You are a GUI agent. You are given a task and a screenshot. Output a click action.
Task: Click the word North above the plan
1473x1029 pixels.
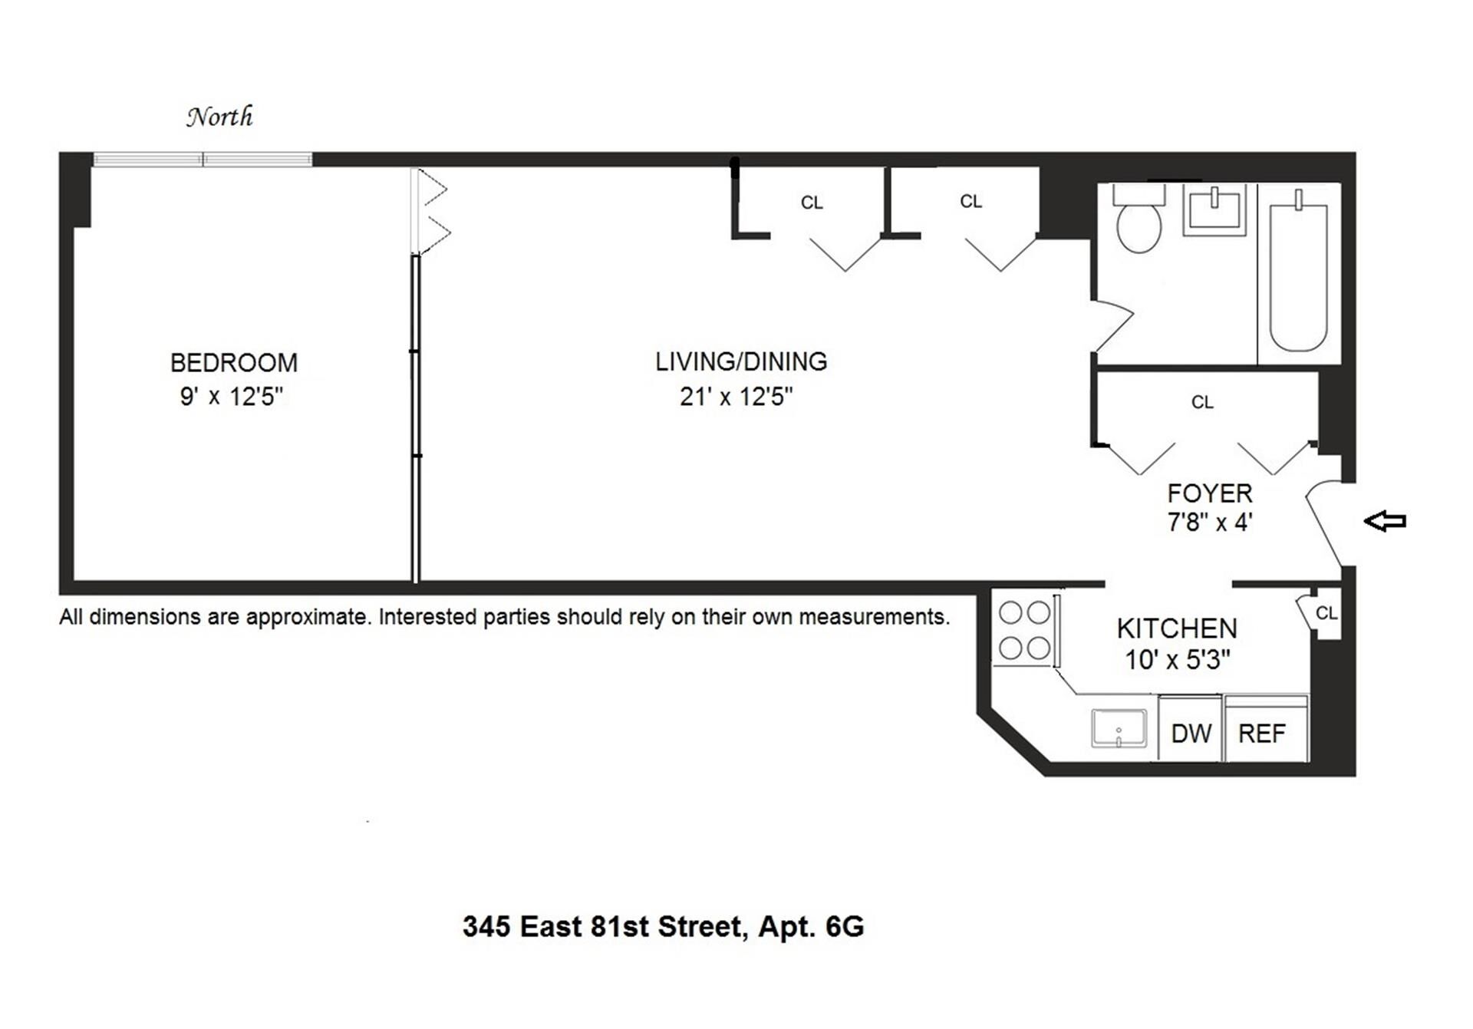[219, 117]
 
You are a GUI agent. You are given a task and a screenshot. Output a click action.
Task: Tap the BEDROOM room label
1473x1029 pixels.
[234, 363]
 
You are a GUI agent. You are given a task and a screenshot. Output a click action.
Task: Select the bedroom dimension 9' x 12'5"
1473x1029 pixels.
[232, 397]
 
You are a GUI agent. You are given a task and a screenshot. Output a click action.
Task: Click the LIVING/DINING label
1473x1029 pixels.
[741, 361]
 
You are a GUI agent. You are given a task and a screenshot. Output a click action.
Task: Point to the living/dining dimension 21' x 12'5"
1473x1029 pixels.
[736, 397]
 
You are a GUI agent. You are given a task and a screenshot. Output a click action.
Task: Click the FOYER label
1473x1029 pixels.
[1210, 493]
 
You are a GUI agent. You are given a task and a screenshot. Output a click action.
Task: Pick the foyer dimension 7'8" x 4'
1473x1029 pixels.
[1210, 523]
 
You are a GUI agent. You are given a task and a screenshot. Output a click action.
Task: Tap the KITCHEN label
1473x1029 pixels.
[1177, 628]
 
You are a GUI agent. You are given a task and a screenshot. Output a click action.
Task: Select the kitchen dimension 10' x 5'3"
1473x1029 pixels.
[1178, 660]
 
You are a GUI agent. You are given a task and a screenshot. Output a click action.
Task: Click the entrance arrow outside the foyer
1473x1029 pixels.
[1385, 522]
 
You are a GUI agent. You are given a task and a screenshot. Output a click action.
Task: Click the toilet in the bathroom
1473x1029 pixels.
[1139, 219]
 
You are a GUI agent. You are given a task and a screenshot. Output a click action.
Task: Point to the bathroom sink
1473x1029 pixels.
[1214, 210]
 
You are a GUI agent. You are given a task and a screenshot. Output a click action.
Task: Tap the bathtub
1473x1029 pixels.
[1298, 273]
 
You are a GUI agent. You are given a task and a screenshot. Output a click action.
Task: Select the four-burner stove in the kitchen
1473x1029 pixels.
[1025, 632]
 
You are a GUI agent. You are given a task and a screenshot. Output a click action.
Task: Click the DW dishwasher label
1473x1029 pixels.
[1191, 734]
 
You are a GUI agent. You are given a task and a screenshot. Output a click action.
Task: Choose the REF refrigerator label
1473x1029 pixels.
[1262, 734]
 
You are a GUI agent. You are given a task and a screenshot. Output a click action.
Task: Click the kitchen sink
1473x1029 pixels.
[1119, 728]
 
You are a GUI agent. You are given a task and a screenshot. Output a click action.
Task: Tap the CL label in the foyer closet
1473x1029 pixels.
[1202, 402]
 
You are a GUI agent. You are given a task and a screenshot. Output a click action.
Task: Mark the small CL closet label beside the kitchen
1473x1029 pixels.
[1326, 613]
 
